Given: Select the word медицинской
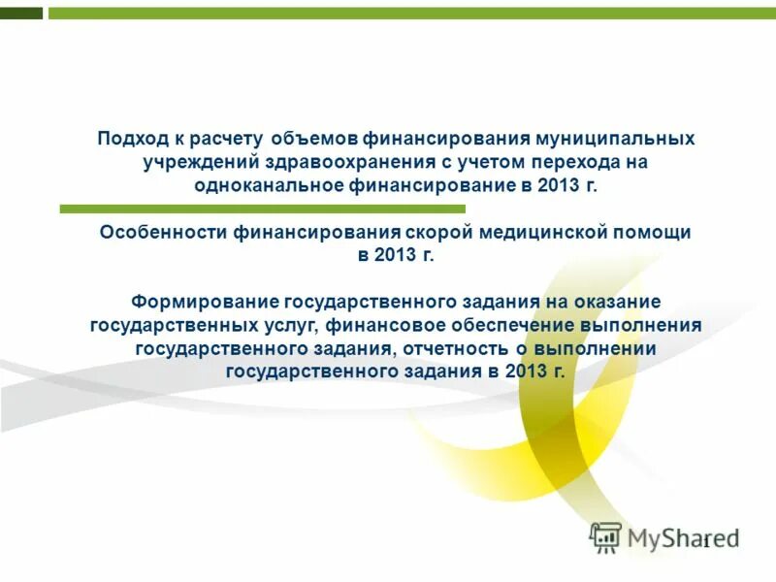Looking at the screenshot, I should click(552, 233).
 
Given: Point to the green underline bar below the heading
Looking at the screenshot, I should click(262, 209).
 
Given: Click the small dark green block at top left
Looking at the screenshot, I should click(21, 14).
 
